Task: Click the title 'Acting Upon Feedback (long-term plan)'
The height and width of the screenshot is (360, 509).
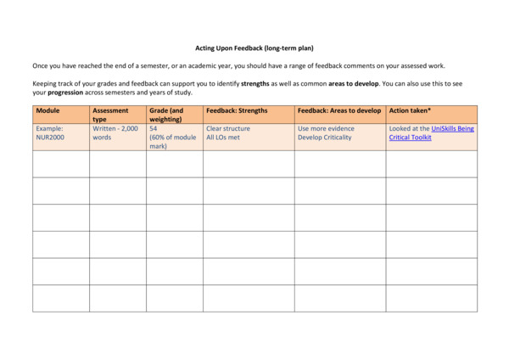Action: tap(255, 48)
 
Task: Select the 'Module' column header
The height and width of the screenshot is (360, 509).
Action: tap(48, 111)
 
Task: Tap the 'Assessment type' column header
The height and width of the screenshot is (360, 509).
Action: tap(110, 115)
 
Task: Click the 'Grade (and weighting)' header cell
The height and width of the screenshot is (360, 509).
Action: tap(166, 115)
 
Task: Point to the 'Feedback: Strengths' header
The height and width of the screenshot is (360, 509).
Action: tap(236, 111)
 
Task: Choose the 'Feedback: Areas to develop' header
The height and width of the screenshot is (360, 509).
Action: tap(339, 111)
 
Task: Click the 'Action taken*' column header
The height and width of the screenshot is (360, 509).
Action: tap(410, 111)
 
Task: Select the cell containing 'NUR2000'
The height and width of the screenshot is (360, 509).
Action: tap(50, 137)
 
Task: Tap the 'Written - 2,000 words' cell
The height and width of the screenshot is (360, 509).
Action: tap(115, 132)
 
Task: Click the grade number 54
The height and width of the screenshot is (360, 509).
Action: tap(154, 128)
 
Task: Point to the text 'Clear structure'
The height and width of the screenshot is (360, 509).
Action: tap(228, 128)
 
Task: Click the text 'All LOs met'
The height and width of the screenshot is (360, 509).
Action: tap(223, 137)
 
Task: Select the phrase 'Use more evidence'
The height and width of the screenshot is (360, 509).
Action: tap(326, 128)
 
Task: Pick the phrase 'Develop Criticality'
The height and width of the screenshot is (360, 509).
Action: tap(324, 137)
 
